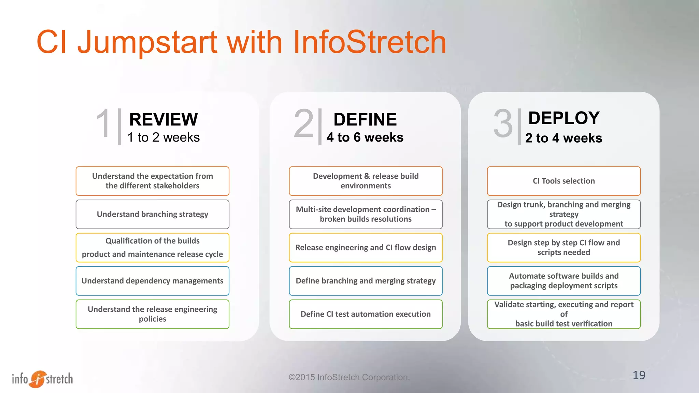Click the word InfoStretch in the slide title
[x=369, y=42]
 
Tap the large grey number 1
[x=103, y=123]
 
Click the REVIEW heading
[x=163, y=119]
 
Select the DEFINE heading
[x=365, y=119]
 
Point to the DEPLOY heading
[x=564, y=118]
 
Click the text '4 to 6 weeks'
[x=365, y=137]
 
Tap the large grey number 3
[x=503, y=123]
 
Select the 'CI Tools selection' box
[x=564, y=181]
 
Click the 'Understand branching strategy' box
[x=152, y=214]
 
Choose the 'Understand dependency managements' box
[x=152, y=281]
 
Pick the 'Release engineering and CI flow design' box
[x=366, y=248]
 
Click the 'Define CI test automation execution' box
[x=366, y=314]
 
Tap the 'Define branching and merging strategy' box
[x=366, y=281]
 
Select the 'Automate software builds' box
[x=564, y=281]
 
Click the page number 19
[x=639, y=375]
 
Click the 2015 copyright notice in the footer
[x=349, y=377]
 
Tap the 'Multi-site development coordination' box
[x=366, y=214]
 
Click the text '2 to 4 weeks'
[x=564, y=138]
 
